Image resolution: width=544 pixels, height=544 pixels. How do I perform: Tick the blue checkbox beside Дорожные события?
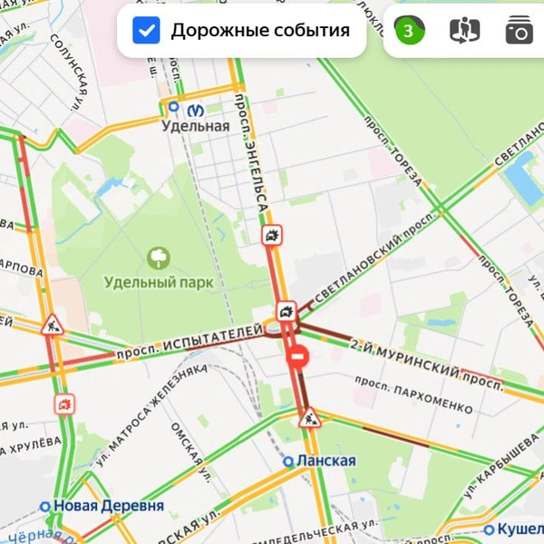(146, 31)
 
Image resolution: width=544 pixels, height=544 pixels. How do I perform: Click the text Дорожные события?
(260, 31)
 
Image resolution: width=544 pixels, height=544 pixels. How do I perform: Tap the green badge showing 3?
(408, 31)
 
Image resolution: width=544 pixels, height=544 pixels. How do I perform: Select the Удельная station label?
(196, 126)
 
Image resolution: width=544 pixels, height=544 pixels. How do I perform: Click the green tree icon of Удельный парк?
(159, 258)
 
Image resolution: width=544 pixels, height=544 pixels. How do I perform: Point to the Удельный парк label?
(159, 282)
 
